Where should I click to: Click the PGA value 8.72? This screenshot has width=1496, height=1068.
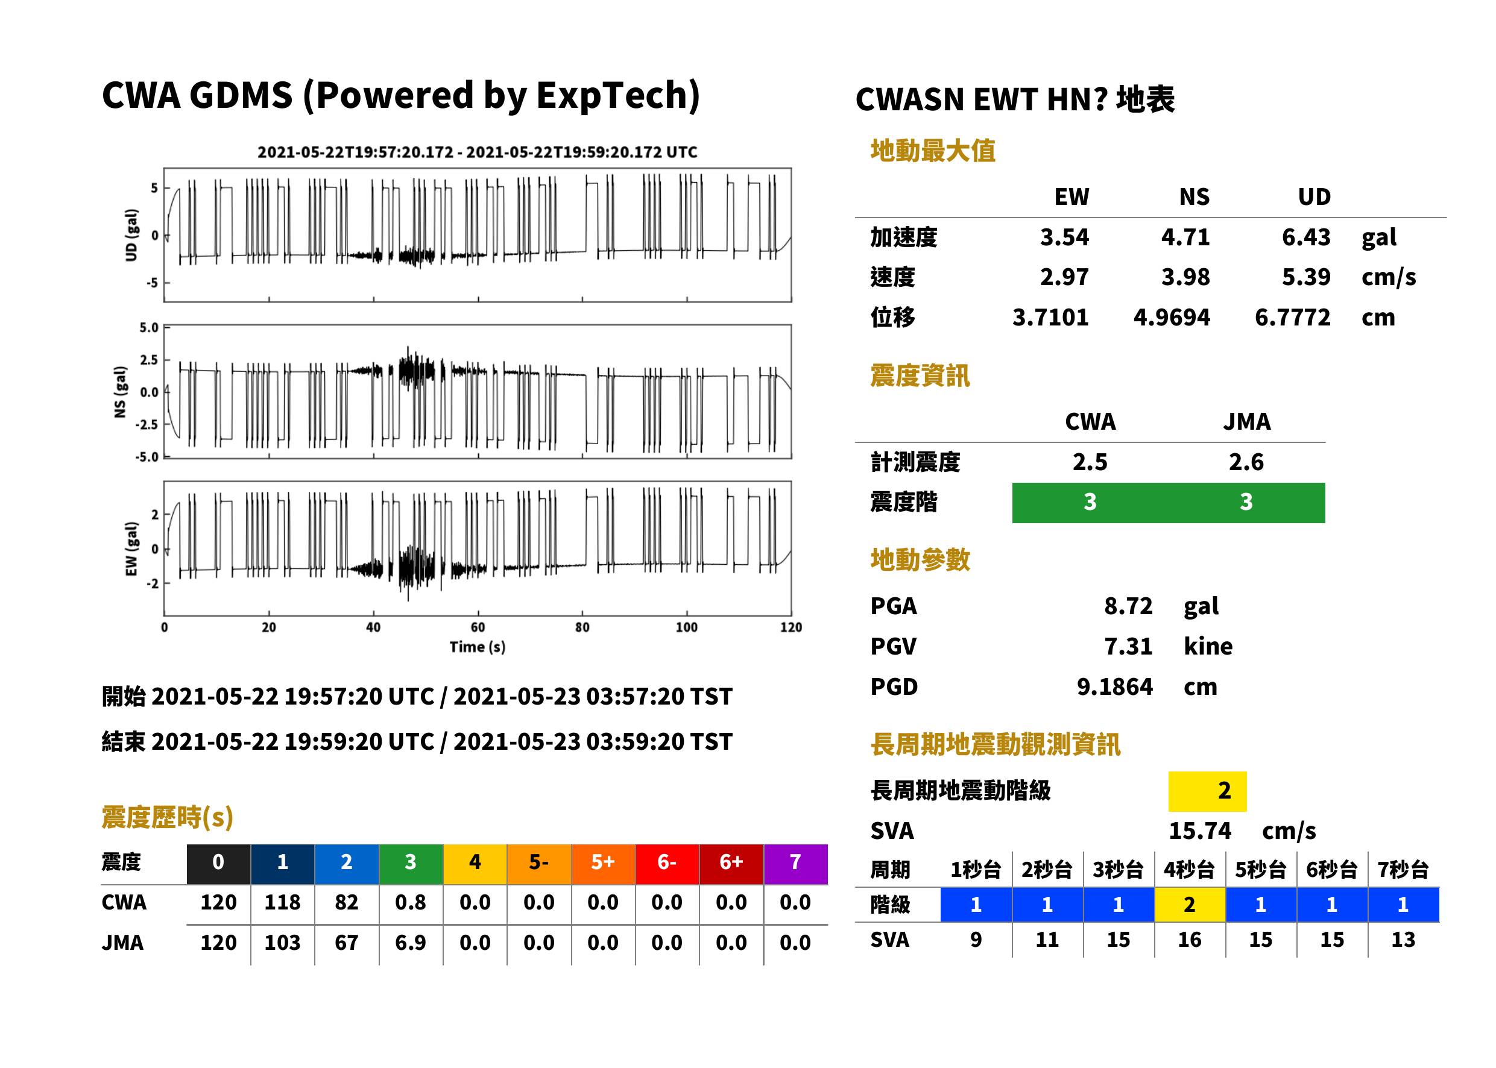[x=1128, y=606]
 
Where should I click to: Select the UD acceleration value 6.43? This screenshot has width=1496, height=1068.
[x=1306, y=237]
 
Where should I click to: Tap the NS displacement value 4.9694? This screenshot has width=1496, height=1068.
[x=1171, y=317]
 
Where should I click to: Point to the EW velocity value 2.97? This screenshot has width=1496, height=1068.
[x=1064, y=277]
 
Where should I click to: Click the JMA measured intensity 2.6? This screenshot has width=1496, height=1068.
[x=1246, y=462]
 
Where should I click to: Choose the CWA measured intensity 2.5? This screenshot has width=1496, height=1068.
[x=1090, y=462]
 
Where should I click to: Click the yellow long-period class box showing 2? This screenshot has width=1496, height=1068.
[x=1207, y=791]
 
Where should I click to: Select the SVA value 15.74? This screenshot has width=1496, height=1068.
[x=1199, y=831]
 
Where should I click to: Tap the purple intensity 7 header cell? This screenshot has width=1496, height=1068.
[x=795, y=862]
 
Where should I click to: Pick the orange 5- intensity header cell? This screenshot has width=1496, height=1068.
[x=539, y=862]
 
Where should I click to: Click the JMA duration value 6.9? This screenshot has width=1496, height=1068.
[x=411, y=943]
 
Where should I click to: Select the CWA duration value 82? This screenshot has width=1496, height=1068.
[x=347, y=902]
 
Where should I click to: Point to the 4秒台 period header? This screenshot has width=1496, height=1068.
[x=1190, y=869]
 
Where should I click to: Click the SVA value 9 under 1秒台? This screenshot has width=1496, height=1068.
[x=976, y=940]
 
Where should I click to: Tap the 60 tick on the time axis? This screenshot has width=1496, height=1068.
[x=478, y=627]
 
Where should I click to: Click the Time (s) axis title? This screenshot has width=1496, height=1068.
[x=478, y=647]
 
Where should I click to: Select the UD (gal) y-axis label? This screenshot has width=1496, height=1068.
[x=131, y=235]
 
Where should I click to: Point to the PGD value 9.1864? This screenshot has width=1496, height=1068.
[x=1114, y=686]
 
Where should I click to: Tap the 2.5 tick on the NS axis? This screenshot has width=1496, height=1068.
[x=149, y=360]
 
